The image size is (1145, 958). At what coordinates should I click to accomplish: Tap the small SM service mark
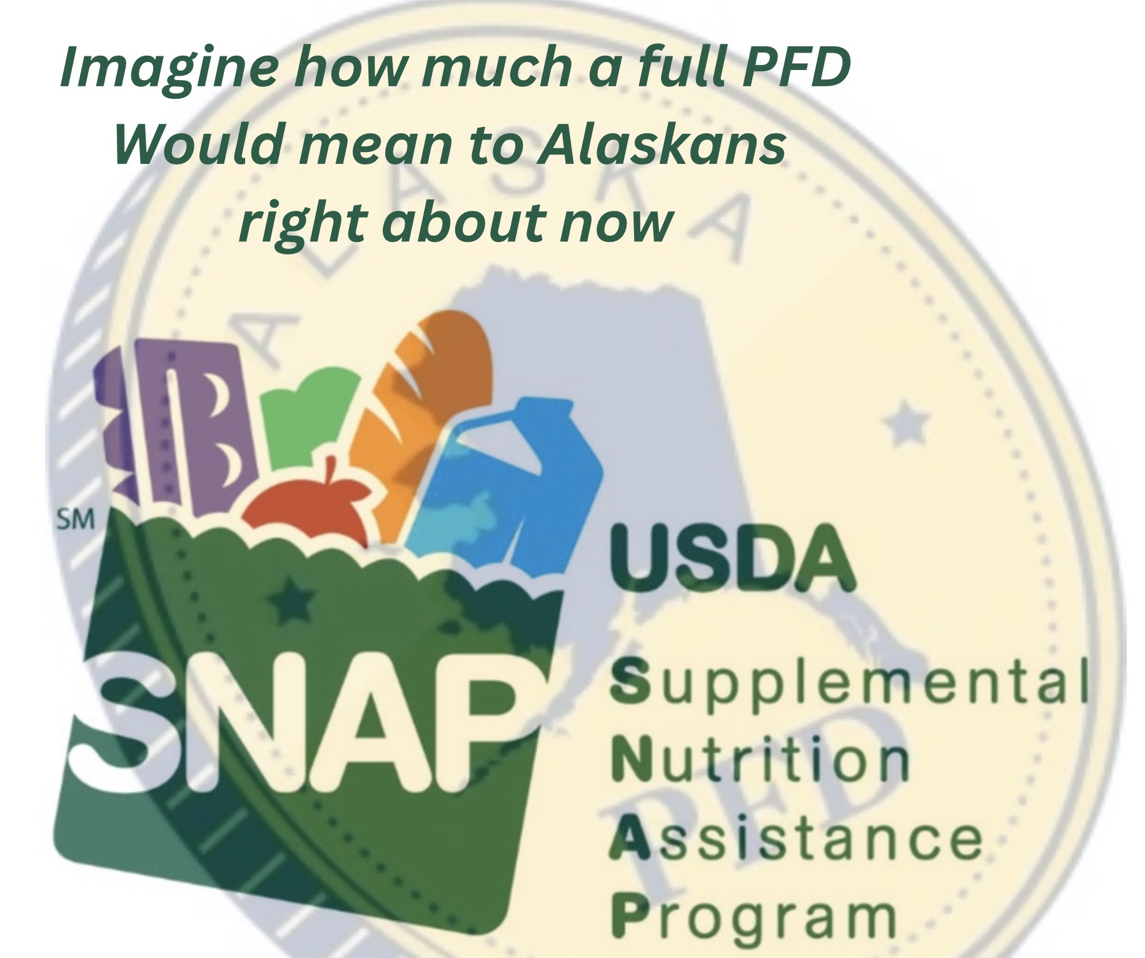pos(76,520)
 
